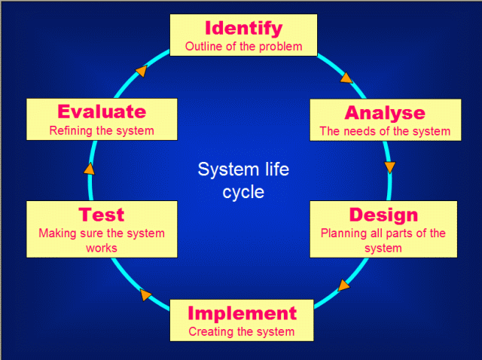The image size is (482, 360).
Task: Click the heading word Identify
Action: pos(243,29)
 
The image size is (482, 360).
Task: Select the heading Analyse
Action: pos(384,113)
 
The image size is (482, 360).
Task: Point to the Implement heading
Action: pos(242,313)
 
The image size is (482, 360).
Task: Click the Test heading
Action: pos(101,215)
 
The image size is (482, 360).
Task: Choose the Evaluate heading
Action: pos(102,111)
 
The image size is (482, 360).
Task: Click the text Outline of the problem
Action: pos(243,46)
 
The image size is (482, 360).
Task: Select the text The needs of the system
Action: pos(384,131)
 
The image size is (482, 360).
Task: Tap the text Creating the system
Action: pos(241,331)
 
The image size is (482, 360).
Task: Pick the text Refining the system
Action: pos(102,130)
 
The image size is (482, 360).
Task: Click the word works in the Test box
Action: pos(102,247)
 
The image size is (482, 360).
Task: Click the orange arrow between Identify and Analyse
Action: pos(346,77)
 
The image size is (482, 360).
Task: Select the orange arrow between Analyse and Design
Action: pos(389,167)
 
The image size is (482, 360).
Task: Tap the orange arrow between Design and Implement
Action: pos(344,285)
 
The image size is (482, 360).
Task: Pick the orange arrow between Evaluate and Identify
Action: pos(141,71)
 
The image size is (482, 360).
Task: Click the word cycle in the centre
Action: pos(243,191)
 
